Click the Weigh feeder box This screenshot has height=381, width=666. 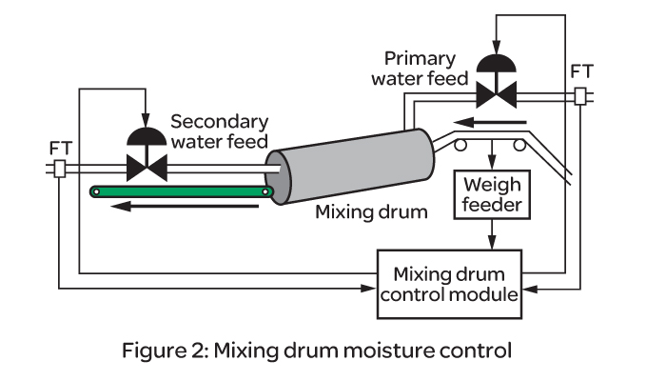[x=491, y=194]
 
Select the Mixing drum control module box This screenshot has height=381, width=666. [x=449, y=282]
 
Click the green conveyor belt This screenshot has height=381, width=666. [x=182, y=192]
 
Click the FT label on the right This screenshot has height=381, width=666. [x=582, y=71]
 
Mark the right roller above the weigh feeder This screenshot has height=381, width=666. [x=519, y=144]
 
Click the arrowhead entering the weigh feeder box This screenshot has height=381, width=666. [x=491, y=167]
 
